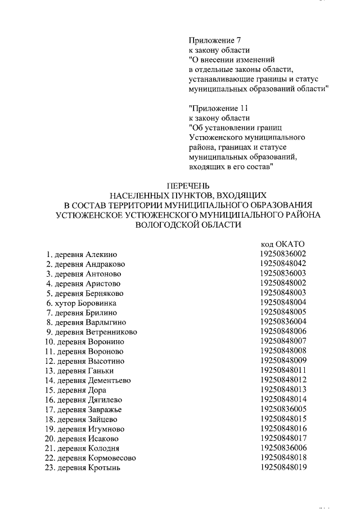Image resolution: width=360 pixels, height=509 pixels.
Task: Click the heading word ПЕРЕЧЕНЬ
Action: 188,185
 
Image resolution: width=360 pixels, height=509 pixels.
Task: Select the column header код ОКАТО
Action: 282,244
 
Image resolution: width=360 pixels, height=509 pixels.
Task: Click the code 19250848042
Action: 283,264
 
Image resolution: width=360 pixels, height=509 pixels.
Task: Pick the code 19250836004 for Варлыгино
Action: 283,322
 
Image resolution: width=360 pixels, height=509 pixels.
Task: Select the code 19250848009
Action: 283,361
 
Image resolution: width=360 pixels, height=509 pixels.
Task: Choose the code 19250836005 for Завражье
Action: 283,409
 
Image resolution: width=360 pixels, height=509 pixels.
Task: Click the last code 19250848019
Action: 283,467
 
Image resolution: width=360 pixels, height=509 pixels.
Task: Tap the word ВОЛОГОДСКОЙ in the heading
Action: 162,224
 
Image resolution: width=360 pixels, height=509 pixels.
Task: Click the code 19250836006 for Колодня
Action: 283,448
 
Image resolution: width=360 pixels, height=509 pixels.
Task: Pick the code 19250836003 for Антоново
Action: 283,273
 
